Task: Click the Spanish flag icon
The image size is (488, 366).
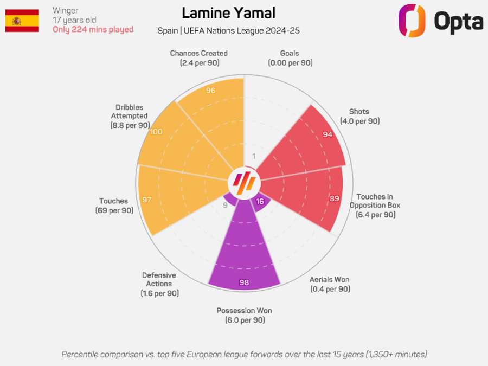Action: [22, 21]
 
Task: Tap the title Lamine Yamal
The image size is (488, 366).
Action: [228, 13]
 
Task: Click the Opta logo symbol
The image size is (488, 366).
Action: [412, 21]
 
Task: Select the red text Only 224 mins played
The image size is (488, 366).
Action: [93, 30]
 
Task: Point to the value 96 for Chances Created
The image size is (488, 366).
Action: [211, 91]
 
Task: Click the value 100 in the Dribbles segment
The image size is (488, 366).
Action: [156, 132]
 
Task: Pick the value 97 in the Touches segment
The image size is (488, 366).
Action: [147, 200]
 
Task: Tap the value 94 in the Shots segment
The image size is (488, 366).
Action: [328, 134]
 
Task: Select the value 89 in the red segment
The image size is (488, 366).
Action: [335, 198]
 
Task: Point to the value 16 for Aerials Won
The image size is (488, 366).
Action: [260, 201]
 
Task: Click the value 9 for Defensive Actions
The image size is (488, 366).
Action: [226, 205]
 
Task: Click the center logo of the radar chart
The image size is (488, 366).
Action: [244, 183]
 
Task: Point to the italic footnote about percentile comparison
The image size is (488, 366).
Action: [244, 354]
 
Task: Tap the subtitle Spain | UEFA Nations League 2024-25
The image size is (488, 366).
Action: [228, 31]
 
